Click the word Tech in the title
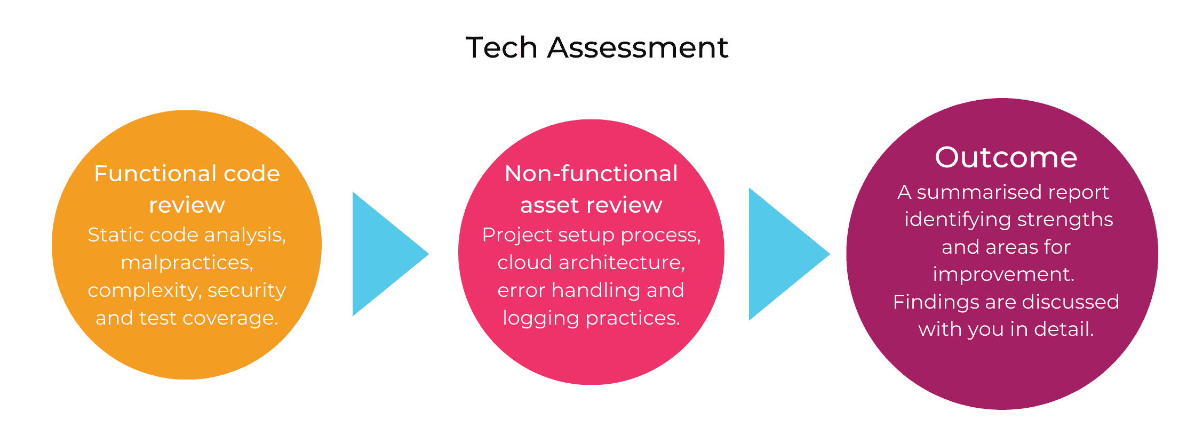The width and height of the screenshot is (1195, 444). point(501,47)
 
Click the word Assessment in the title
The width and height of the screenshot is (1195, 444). point(638,47)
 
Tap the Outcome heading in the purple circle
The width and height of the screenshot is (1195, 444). point(1006,157)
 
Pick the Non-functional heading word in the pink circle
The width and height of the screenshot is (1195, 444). point(591,173)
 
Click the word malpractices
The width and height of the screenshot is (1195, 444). point(187,263)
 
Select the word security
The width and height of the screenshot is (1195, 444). point(247,290)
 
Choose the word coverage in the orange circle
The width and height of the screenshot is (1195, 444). point(230,318)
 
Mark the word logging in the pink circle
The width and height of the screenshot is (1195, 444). point(541,318)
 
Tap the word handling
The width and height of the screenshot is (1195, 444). point(596,290)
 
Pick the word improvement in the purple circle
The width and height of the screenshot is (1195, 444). point(1003,275)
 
